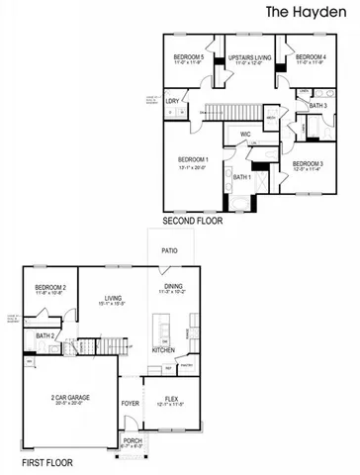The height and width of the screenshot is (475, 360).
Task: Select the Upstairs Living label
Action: (249, 58)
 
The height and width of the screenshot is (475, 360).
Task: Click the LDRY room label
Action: (172, 101)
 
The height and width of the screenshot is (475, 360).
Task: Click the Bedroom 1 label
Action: (192, 160)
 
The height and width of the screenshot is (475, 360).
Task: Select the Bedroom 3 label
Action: (308, 164)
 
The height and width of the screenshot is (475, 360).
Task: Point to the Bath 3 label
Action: (317, 106)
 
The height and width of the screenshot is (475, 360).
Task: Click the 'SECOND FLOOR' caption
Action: (193, 222)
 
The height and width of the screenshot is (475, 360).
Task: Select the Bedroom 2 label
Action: (50, 288)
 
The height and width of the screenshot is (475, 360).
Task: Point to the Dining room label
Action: (172, 288)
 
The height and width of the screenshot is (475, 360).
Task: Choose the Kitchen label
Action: (163, 350)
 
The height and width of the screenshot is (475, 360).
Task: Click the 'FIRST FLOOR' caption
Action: (48, 462)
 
